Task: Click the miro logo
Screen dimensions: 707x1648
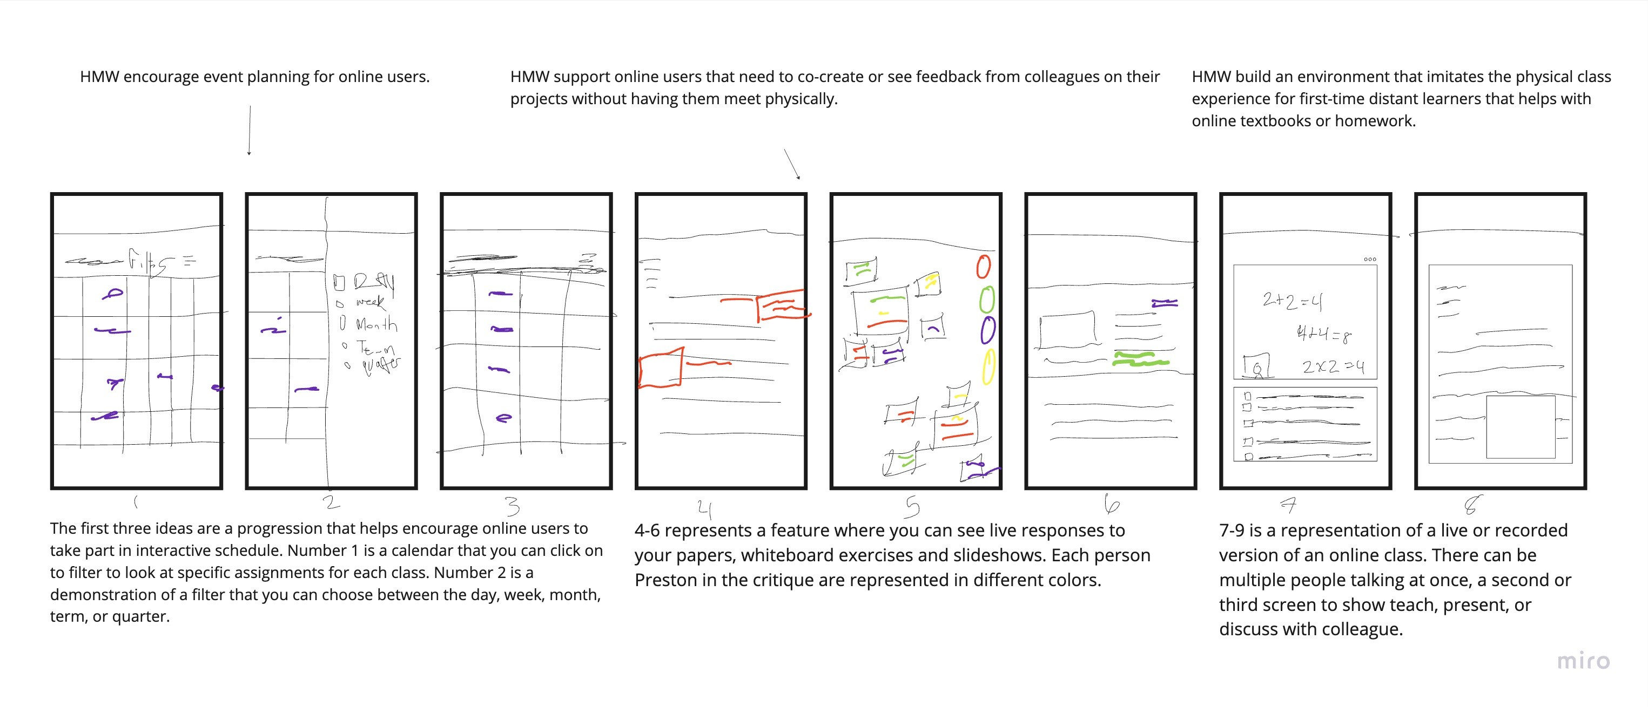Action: point(1583,661)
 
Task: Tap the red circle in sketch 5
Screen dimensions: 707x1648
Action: point(983,267)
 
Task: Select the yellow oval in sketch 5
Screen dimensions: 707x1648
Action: point(988,366)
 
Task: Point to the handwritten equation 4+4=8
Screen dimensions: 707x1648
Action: point(1323,334)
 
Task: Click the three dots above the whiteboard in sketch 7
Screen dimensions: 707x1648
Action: point(1370,260)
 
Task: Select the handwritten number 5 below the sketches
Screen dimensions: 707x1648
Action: point(912,507)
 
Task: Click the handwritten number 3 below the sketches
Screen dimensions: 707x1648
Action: point(513,506)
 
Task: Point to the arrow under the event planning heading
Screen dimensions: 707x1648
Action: point(249,131)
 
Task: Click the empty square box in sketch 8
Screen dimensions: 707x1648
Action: point(1520,427)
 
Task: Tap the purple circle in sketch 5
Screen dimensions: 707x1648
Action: point(988,330)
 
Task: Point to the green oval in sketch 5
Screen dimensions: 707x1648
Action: point(987,299)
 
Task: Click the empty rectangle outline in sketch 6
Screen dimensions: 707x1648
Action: point(1066,330)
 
